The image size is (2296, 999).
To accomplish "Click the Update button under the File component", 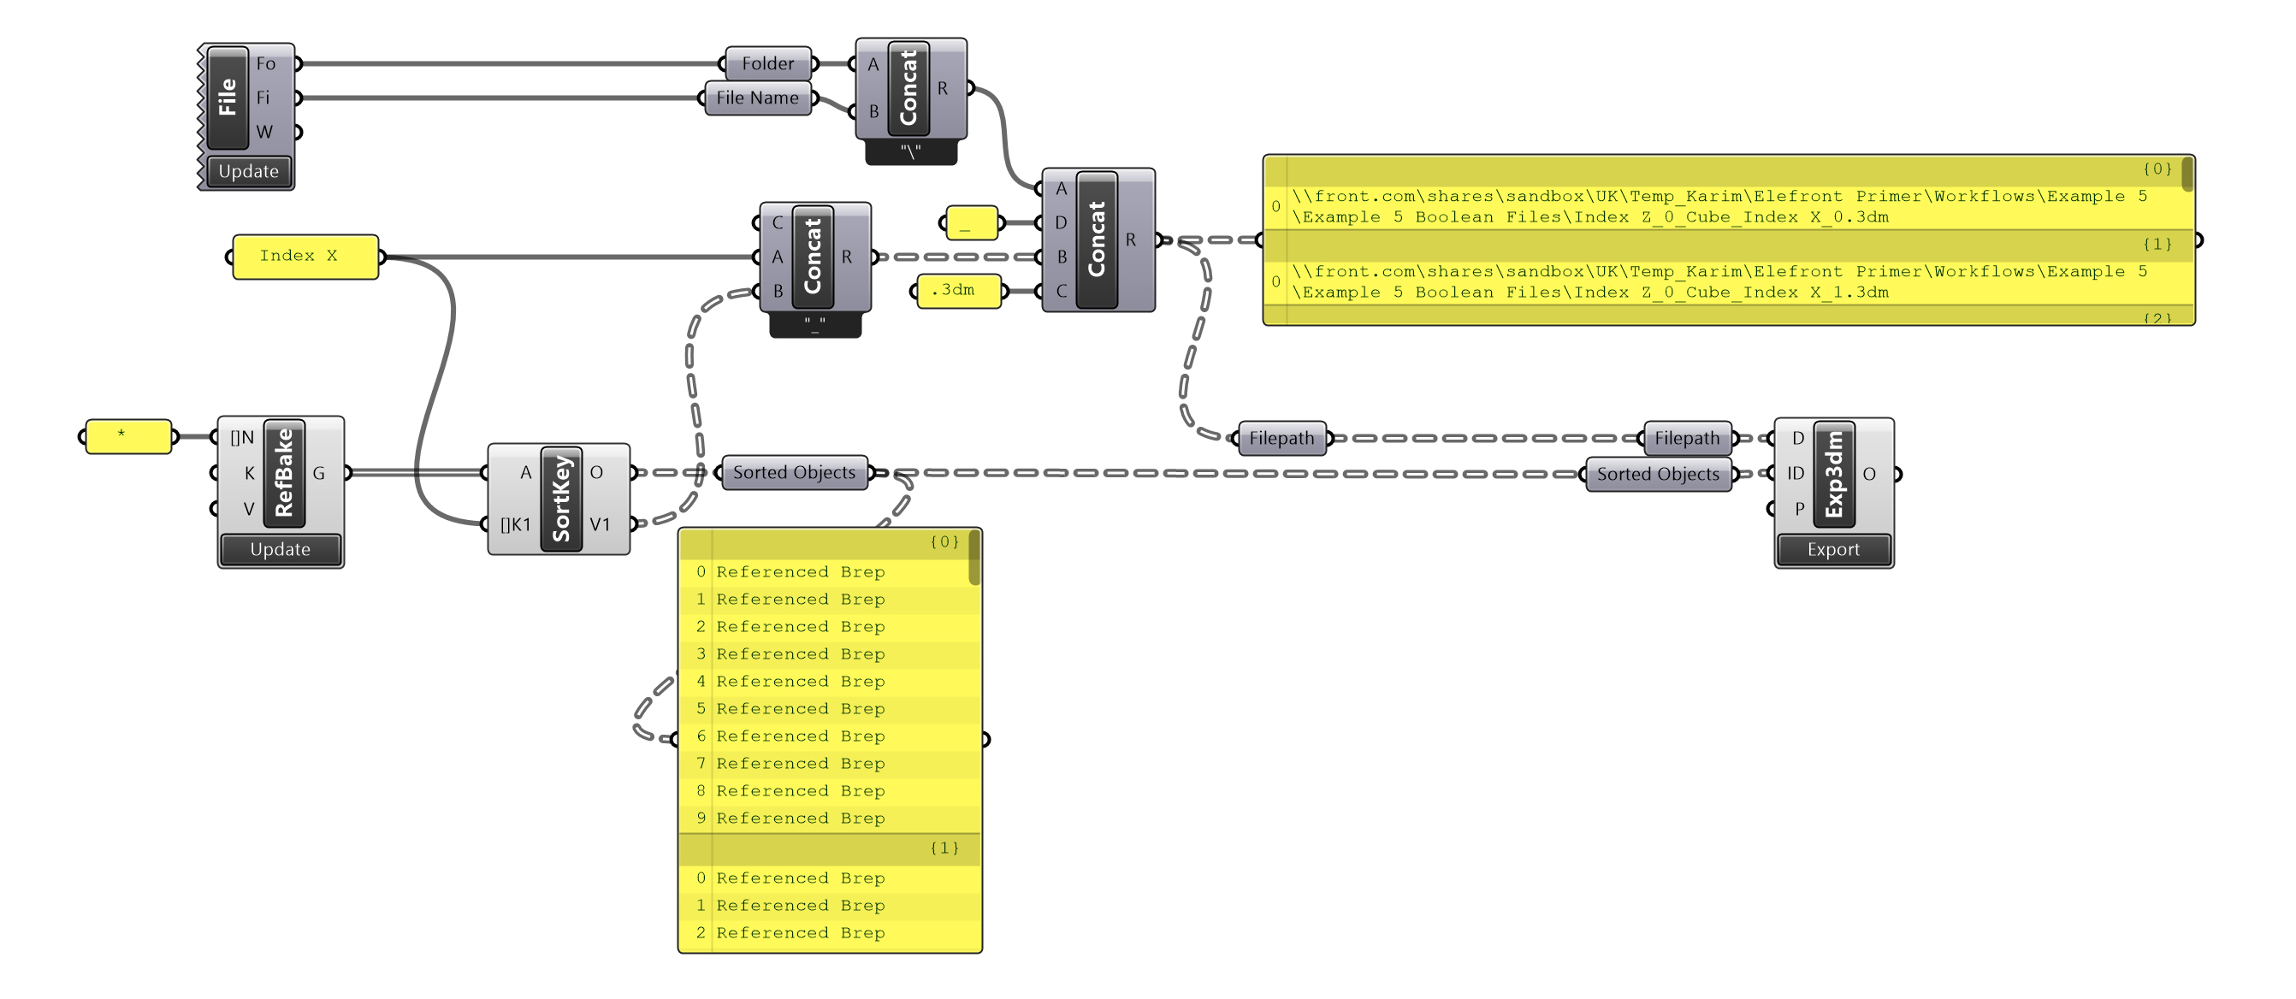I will pyautogui.click(x=248, y=171).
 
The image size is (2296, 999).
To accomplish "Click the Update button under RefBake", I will pyautogui.click(x=280, y=550).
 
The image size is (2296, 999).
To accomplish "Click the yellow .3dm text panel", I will pyautogui.click(x=959, y=291).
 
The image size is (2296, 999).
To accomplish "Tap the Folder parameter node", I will pyautogui.click(x=767, y=63).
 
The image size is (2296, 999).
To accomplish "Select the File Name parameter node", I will pyautogui.click(x=757, y=98).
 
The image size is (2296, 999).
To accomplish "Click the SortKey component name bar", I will pyautogui.click(x=560, y=498).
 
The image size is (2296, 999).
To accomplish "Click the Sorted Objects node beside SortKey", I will pyautogui.click(x=793, y=472).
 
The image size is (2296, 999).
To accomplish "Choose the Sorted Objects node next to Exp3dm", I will pyautogui.click(x=1657, y=474).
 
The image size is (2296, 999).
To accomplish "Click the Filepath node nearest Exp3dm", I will pyautogui.click(x=1686, y=438).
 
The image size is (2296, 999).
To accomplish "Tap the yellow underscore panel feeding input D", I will pyautogui.click(x=971, y=222).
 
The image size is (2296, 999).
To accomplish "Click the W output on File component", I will pyautogui.click(x=264, y=132).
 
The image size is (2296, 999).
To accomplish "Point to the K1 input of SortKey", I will pyautogui.click(x=515, y=524).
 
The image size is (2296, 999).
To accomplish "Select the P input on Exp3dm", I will pyautogui.click(x=1799, y=508).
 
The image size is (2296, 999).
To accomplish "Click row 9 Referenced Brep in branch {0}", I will pyautogui.click(x=800, y=818).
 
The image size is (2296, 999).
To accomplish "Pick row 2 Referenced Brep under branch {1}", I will pyautogui.click(x=800, y=933).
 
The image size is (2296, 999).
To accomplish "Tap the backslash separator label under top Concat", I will pyautogui.click(x=910, y=151).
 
